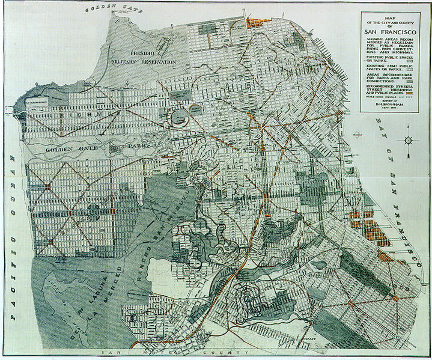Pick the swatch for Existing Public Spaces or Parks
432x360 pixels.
pos(410,60)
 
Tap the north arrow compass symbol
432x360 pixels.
pos(408,139)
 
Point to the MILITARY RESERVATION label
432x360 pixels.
pos(144,61)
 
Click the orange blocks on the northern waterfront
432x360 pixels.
pos(258,23)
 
